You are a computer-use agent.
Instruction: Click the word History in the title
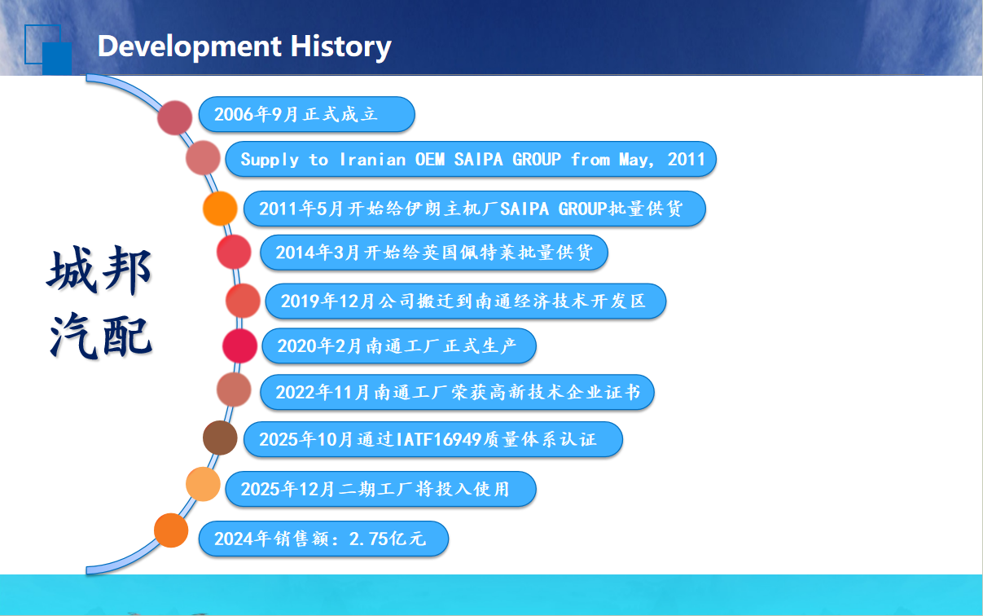coord(340,46)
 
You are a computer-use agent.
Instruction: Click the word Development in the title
coord(190,47)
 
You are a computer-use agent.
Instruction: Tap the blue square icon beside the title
coord(48,50)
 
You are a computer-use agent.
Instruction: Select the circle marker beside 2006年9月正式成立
coord(174,117)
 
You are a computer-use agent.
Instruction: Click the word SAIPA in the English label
coord(478,159)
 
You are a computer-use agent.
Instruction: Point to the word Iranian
coord(372,160)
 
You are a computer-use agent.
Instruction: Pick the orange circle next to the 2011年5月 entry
coord(220,209)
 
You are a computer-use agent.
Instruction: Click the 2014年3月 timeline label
coord(434,253)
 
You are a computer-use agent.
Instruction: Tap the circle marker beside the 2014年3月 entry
coord(234,252)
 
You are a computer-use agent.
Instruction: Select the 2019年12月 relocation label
coord(466,301)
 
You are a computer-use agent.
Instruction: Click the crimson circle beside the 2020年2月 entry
coord(239,346)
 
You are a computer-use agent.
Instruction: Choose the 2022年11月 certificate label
coord(457,392)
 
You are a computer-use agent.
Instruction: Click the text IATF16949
coord(438,439)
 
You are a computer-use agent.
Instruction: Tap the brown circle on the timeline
coord(220,438)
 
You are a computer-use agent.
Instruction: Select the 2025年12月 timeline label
coord(381,489)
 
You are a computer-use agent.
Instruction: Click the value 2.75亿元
coord(388,539)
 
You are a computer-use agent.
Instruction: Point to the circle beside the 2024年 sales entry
coord(171,530)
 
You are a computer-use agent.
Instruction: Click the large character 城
coord(72,270)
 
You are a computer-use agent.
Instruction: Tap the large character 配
coord(127,336)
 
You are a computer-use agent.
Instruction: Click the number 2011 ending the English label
coord(686,159)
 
